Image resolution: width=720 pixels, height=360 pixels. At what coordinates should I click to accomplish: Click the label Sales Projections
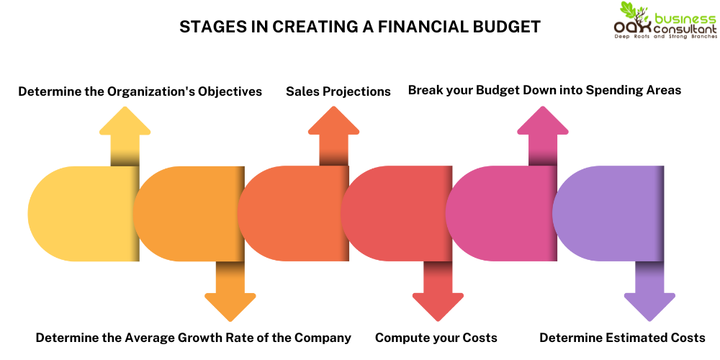(x=338, y=91)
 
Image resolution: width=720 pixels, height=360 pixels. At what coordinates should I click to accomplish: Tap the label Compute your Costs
(x=436, y=338)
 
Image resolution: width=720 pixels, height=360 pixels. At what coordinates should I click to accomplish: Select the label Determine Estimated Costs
(x=622, y=338)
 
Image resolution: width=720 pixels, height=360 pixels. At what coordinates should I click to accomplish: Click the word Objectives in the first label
(x=226, y=91)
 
